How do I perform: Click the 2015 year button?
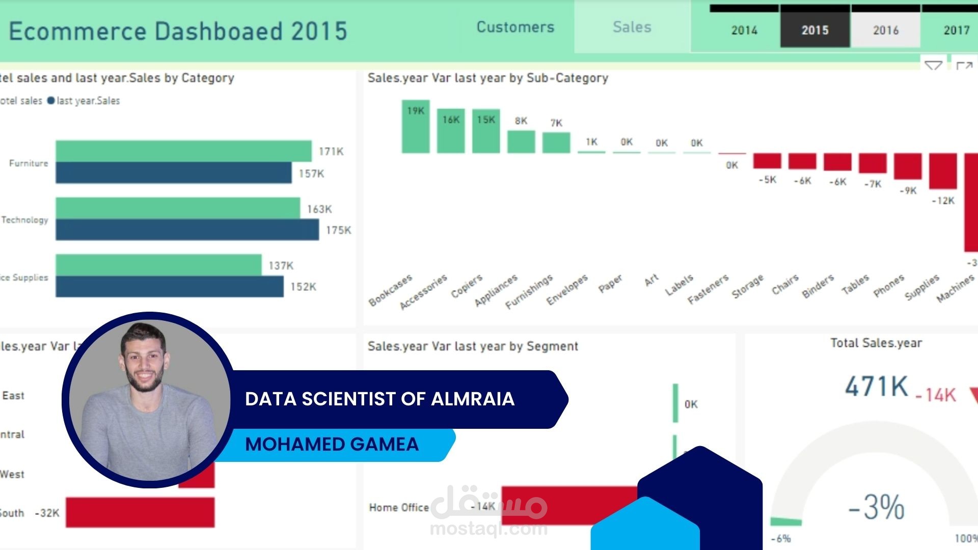tap(814, 30)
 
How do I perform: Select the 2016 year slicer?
tap(885, 30)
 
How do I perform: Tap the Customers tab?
tap(515, 27)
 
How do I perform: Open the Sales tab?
tap(632, 27)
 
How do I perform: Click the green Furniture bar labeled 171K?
tap(183, 151)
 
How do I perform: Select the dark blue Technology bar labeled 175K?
tap(187, 230)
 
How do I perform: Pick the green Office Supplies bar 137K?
tap(158, 265)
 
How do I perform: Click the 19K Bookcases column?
tap(416, 127)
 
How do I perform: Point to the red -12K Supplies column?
tap(942, 171)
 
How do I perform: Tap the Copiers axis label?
tap(466, 286)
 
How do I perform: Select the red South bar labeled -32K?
tap(140, 512)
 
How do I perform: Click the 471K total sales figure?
tap(876, 386)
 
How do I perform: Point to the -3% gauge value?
tap(876, 507)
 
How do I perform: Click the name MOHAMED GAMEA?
tap(332, 444)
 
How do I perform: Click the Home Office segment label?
tap(399, 507)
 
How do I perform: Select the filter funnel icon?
tap(933, 66)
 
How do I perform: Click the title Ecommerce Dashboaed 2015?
tap(178, 31)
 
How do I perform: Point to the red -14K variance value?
tap(936, 395)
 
